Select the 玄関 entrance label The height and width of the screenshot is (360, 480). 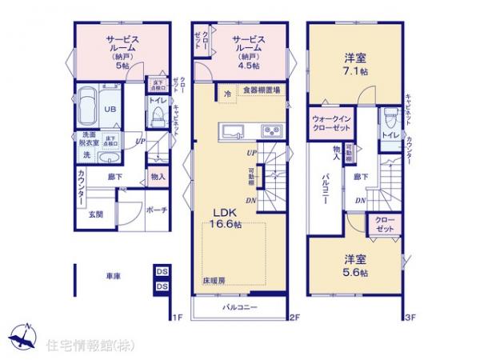(x=96, y=214)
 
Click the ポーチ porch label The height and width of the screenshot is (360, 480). (x=156, y=210)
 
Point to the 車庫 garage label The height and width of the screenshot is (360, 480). (x=113, y=276)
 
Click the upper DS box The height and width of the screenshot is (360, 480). (x=162, y=271)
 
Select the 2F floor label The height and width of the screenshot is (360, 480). (x=294, y=318)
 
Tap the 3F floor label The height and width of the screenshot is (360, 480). (x=410, y=318)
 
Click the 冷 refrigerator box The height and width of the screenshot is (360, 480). (x=228, y=91)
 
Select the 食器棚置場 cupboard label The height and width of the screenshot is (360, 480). (x=262, y=91)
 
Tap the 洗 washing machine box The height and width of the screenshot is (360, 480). (x=86, y=154)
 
